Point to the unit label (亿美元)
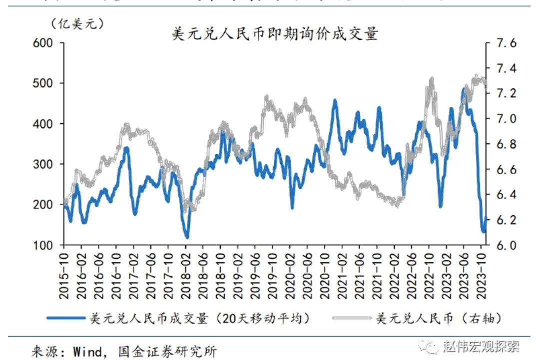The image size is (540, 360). coord(76,23)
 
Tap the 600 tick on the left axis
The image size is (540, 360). coord(43,43)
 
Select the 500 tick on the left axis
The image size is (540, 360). coord(43,83)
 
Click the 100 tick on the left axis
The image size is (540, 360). coord(43,246)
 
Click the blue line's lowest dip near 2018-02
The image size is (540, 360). coord(187,237)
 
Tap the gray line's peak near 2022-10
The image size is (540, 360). coord(431,79)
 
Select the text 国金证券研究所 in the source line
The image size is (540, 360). coord(168,351)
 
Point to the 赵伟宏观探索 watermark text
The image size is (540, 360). coord(481,346)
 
